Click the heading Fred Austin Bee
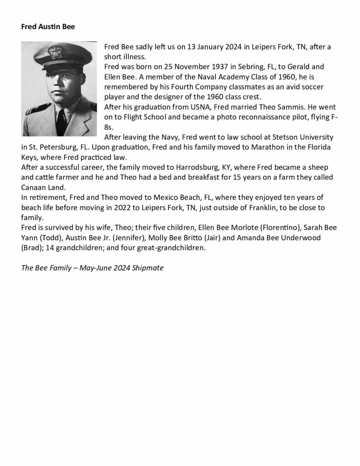[x=48, y=26]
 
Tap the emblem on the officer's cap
[x=56, y=52]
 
